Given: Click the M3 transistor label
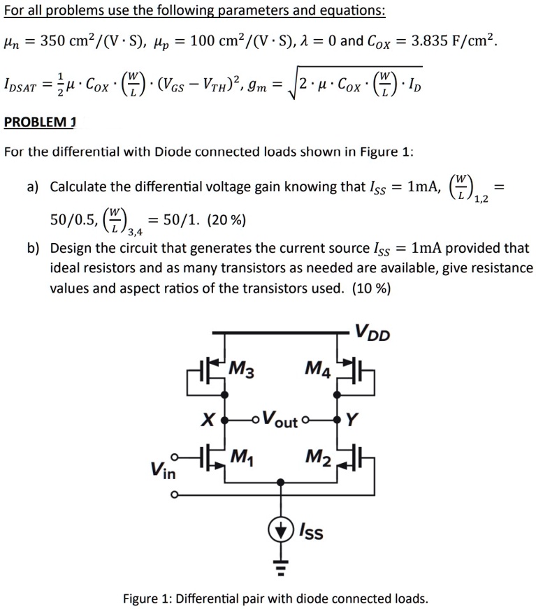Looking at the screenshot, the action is point(241,369).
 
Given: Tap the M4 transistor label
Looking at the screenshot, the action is point(318,369).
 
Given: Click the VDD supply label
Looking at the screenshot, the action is point(372,332).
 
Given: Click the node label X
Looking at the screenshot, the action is point(208,420).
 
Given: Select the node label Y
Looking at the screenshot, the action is point(351,420).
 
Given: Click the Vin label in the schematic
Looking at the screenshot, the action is point(164,470).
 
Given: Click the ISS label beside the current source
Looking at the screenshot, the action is point(311,531).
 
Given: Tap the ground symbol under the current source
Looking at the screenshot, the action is point(280,567).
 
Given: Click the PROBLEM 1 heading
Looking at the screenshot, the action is point(40,122).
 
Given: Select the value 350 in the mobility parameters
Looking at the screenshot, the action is point(52,41).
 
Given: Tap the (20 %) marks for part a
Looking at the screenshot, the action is point(226,220).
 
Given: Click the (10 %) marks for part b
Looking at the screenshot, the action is point(371,288).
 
